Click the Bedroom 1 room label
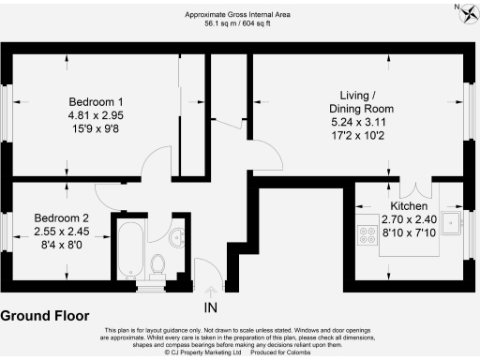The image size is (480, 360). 97,102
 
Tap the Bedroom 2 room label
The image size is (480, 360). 61,218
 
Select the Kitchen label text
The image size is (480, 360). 410,205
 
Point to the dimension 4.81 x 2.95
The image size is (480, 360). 97,115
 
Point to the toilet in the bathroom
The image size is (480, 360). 158,262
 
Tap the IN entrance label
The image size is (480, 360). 210,306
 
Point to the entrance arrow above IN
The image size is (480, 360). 210,291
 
